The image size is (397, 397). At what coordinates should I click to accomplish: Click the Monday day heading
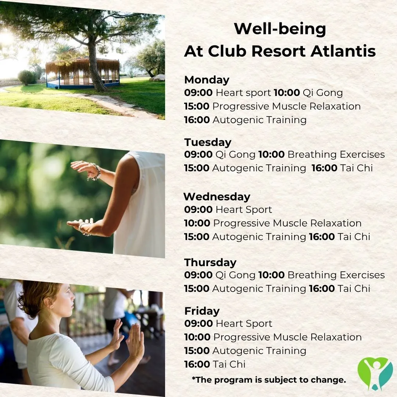pyautogui.click(x=207, y=80)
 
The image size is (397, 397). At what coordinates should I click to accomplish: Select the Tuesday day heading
pyautogui.click(x=208, y=142)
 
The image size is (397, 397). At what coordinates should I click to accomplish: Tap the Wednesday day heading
pyautogui.click(x=217, y=197)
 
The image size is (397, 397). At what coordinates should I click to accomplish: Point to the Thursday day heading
pyautogui.click(x=210, y=262)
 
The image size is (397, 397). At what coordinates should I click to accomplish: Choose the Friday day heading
pyautogui.click(x=202, y=311)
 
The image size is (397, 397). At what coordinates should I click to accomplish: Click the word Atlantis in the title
pyautogui.click(x=343, y=51)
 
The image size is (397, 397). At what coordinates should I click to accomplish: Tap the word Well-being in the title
pyautogui.click(x=280, y=29)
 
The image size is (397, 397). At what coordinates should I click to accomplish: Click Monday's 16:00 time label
pyautogui.click(x=197, y=120)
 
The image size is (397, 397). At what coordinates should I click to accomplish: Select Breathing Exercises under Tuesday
pyautogui.click(x=336, y=154)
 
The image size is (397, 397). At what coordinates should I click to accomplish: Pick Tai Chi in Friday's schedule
pyautogui.click(x=229, y=364)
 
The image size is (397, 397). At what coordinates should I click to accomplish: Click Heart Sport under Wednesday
pyautogui.click(x=244, y=210)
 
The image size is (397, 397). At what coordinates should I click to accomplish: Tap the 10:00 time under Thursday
pyautogui.click(x=271, y=275)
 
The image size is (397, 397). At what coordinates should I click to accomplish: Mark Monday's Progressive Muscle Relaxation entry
pyautogui.click(x=287, y=106)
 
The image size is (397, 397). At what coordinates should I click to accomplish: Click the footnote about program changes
pyautogui.click(x=269, y=380)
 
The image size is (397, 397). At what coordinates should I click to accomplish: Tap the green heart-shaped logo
pyautogui.click(x=375, y=373)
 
